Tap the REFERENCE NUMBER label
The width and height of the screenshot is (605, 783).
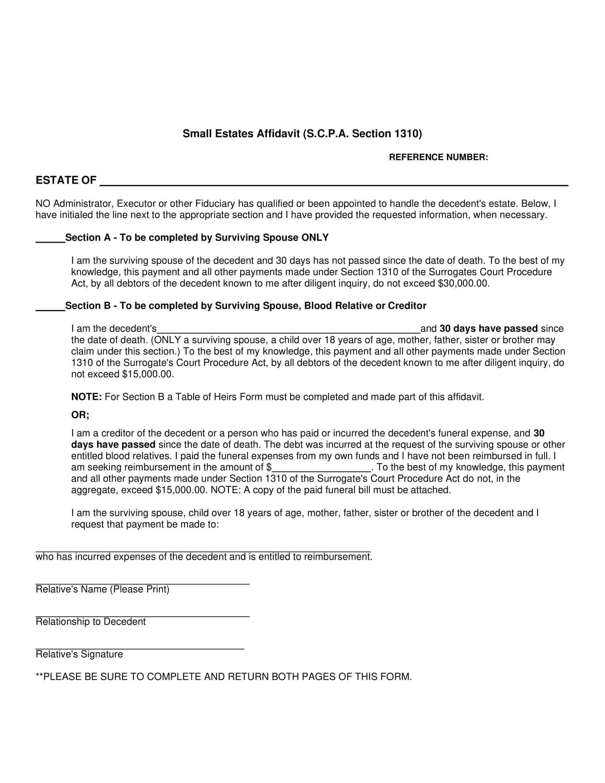[x=438, y=157]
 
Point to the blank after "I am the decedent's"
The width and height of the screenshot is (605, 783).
[x=289, y=331]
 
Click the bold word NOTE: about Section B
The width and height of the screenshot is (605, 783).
[x=87, y=397]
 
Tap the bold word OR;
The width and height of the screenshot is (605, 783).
[x=80, y=415]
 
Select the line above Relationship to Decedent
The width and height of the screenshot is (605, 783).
[x=142, y=616]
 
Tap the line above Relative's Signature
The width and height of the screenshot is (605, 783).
[x=140, y=649]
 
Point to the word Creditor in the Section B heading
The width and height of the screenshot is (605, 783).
[x=407, y=306]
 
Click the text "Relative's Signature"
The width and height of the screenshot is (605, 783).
[x=79, y=654]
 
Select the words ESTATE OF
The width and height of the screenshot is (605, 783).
[x=66, y=180]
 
